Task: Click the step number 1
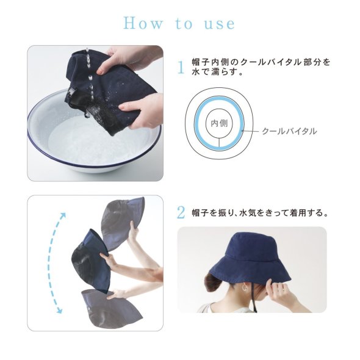pyautogui.click(x=181, y=68)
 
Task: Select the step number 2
pyautogui.click(x=181, y=212)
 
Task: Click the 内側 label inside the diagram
pyautogui.click(x=219, y=123)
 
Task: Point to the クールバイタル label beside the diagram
pyautogui.click(x=289, y=131)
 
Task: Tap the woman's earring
pyautogui.click(x=245, y=287)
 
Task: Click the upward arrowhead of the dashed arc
pyautogui.click(x=63, y=215)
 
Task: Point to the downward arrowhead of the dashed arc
pyautogui.click(x=59, y=311)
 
